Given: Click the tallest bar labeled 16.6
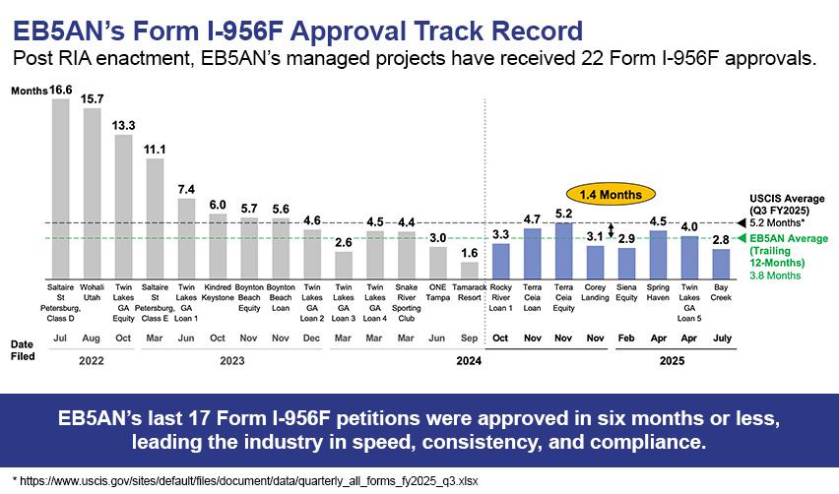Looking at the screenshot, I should click(60, 187).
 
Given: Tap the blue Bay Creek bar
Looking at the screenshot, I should click(721, 263).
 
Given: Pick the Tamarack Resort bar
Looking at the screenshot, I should click(470, 269).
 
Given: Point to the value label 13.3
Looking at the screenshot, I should click(123, 124).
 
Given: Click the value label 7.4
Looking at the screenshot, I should click(186, 188).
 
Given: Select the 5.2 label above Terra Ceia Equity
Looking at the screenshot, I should click(563, 213).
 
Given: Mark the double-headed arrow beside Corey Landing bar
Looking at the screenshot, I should click(612, 231).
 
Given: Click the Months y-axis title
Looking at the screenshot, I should click(29, 90).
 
